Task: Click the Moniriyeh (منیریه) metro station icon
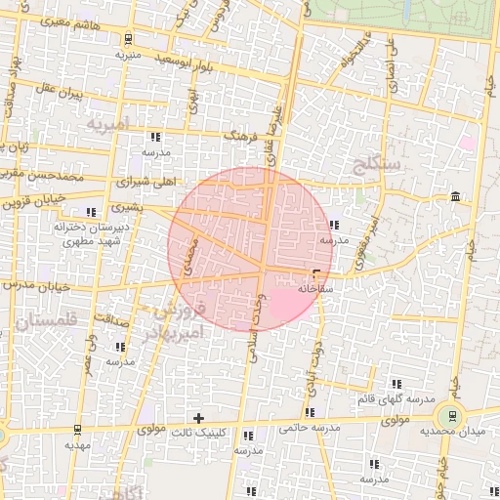point(128,40)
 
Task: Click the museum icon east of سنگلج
point(456,199)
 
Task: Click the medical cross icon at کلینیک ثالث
point(199,418)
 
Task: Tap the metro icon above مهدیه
point(78,429)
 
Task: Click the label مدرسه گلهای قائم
point(406,400)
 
